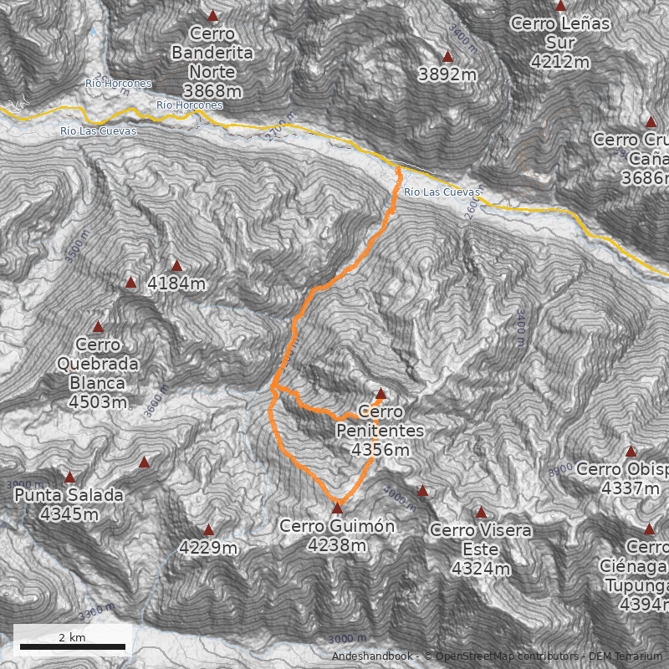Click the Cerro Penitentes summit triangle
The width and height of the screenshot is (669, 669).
click(380, 394)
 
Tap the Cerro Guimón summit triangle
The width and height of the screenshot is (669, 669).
click(337, 508)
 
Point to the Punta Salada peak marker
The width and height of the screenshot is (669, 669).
click(70, 477)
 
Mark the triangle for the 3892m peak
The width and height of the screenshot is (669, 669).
click(447, 57)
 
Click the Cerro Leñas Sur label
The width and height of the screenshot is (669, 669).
click(560, 42)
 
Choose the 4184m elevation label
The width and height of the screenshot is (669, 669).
click(176, 284)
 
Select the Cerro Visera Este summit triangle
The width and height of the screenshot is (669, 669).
click(481, 513)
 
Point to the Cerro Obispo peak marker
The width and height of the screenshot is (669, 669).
click(631, 452)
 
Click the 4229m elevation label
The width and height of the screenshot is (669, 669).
click(208, 549)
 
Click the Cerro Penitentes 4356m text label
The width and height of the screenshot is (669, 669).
click(380, 431)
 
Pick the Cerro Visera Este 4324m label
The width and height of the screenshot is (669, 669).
click(481, 549)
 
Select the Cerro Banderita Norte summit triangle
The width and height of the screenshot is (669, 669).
click(212, 16)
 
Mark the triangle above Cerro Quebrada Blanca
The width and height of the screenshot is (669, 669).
click(98, 327)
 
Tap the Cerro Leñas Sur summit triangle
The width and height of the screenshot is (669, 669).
click(560, 6)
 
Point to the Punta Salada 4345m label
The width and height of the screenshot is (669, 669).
click(69, 504)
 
